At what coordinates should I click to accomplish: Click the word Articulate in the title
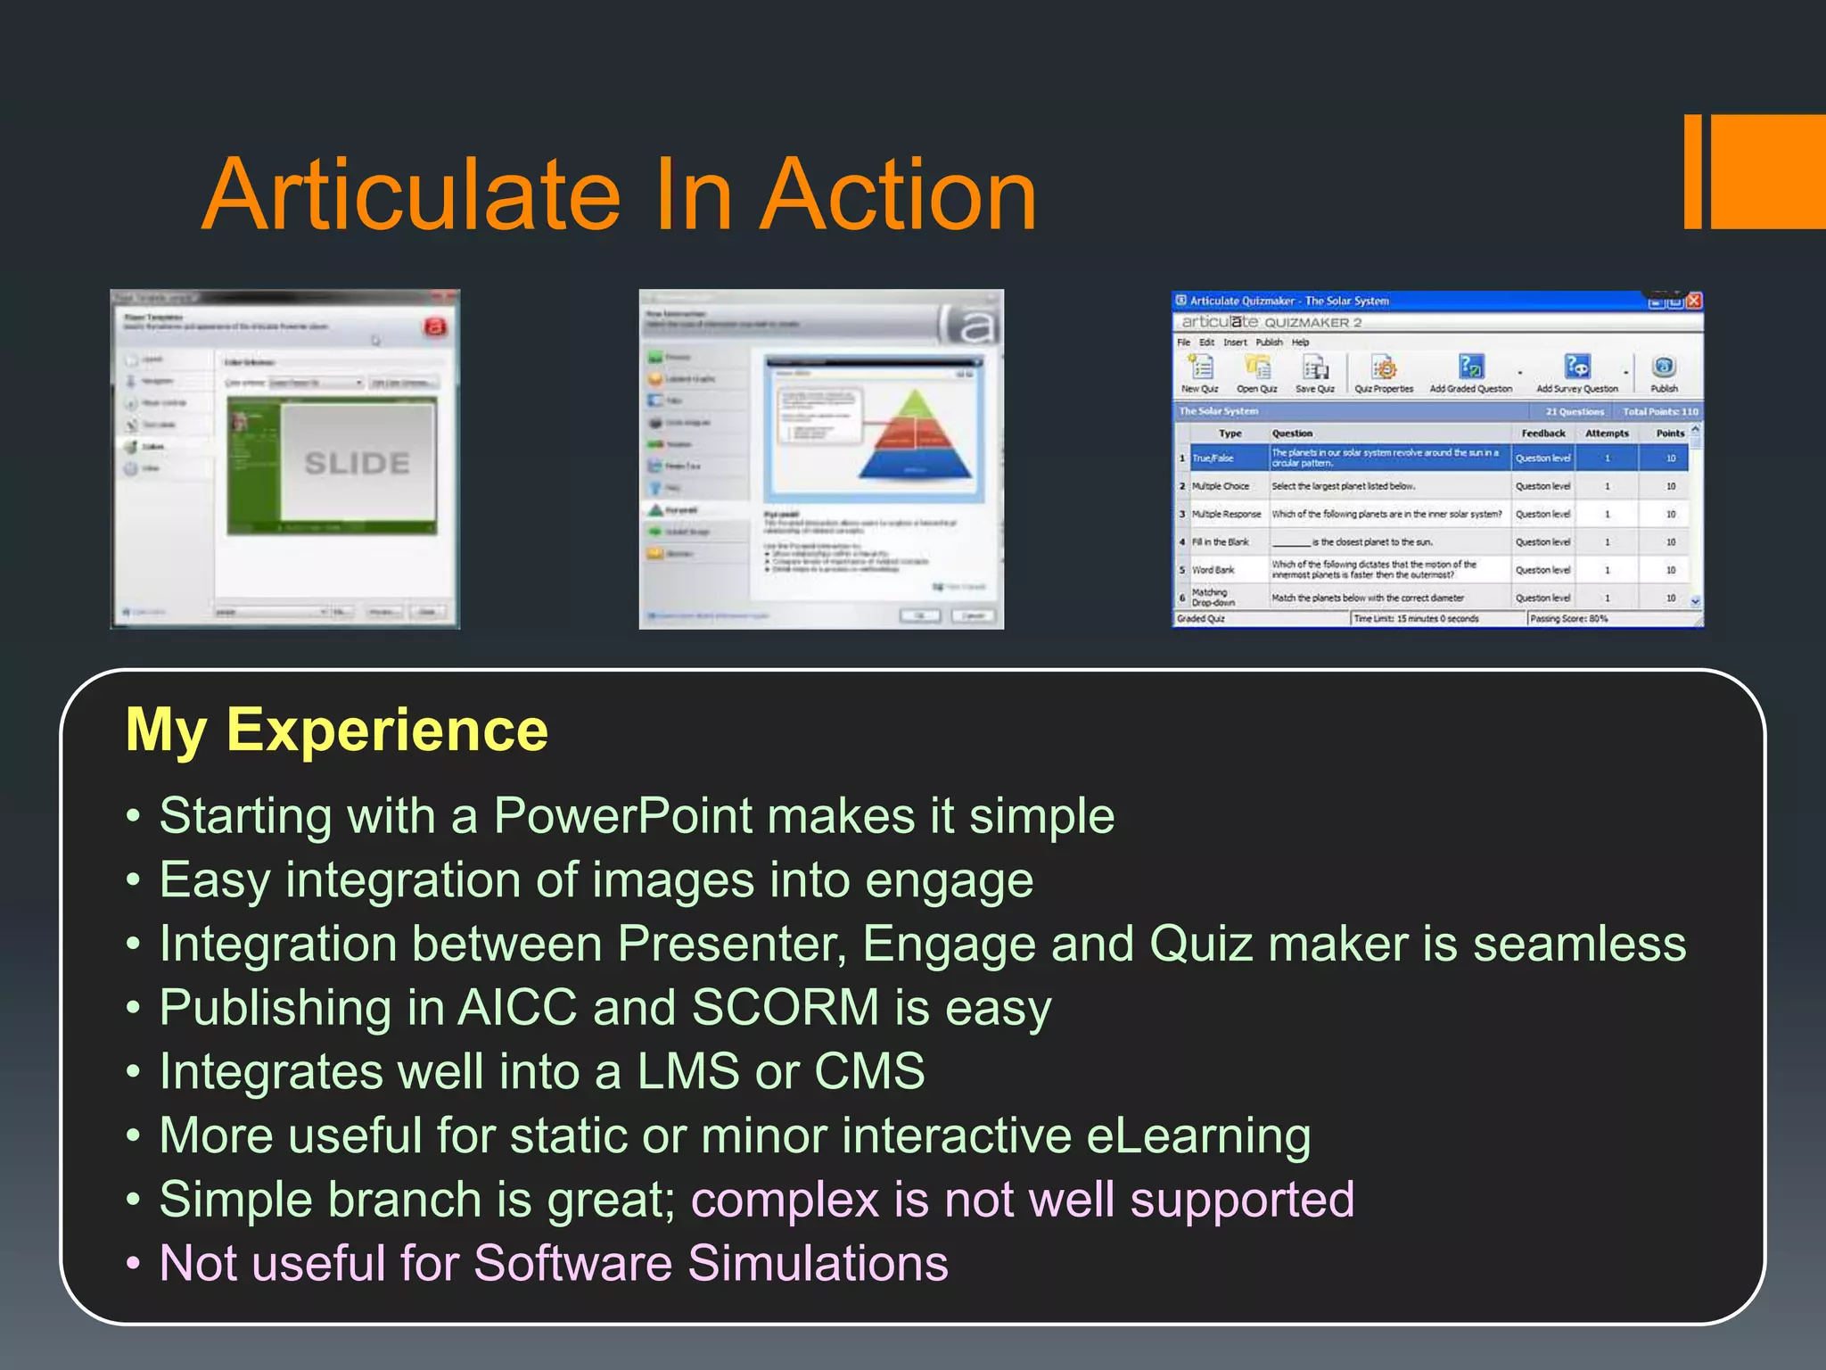(411, 194)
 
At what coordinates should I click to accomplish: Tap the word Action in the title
(901, 194)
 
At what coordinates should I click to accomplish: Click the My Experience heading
(337, 730)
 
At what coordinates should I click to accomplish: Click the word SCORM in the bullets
(786, 1007)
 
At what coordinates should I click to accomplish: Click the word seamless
(1579, 944)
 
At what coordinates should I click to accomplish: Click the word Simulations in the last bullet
(818, 1263)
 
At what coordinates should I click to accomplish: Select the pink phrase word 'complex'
(785, 1200)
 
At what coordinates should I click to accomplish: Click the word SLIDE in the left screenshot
(357, 463)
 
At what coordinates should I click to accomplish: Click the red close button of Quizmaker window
(1694, 301)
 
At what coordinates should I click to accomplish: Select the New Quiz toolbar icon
(1200, 368)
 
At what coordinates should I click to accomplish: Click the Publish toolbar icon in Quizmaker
(1664, 368)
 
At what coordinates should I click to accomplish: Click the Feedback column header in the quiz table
(1542, 433)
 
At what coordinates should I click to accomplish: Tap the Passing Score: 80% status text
(1568, 618)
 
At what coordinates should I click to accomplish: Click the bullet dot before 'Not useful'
(134, 1264)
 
